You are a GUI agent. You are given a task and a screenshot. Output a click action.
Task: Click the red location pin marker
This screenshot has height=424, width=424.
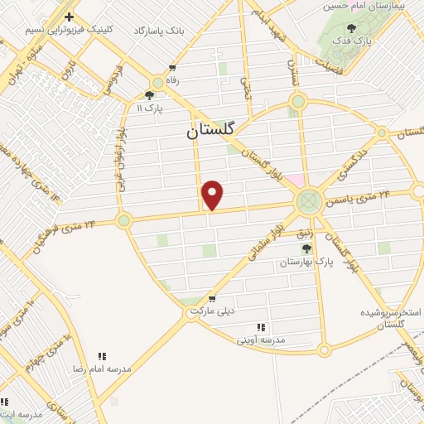tap(213, 195)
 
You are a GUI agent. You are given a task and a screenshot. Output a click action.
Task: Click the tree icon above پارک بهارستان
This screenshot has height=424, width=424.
tap(306, 248)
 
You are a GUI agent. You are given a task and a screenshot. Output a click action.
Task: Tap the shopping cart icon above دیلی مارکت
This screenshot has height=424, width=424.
tap(213, 298)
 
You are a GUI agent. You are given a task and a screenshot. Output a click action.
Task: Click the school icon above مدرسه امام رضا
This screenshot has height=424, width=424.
tap(103, 355)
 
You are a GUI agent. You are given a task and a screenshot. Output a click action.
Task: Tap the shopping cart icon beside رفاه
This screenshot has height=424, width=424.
tap(171, 68)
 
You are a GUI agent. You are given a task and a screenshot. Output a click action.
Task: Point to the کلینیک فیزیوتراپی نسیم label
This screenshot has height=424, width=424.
tap(68, 29)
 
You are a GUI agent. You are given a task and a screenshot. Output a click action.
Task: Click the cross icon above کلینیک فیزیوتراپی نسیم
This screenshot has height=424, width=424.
tap(69, 17)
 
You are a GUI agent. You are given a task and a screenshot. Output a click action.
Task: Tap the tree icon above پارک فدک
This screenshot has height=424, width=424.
tap(352, 27)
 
